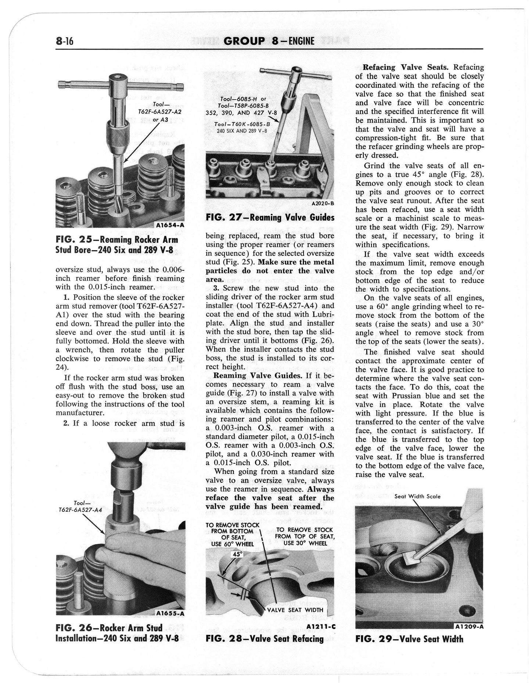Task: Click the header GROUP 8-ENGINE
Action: [x=269, y=41]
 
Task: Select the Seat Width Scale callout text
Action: [x=417, y=496]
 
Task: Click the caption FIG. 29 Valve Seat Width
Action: [x=409, y=639]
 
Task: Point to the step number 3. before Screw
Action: [x=216, y=288]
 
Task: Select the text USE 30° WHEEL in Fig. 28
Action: [x=305, y=543]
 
